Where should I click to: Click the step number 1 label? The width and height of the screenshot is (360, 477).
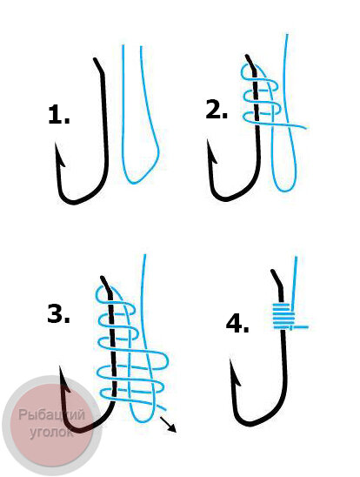(59, 114)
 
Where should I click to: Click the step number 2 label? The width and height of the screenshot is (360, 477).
(217, 110)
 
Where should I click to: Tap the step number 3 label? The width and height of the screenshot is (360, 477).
(58, 313)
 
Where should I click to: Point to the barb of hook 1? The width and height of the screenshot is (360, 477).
(60, 157)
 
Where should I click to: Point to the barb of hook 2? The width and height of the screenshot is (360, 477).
(212, 153)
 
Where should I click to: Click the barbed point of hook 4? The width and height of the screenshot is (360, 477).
(235, 373)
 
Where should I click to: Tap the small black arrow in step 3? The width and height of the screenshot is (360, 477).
(168, 425)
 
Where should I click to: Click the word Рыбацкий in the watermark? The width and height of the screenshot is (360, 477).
(51, 415)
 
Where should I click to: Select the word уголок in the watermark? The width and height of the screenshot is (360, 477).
(51, 432)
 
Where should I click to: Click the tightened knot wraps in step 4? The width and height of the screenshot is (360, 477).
(283, 316)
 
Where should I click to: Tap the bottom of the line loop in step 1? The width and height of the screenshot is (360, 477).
(134, 183)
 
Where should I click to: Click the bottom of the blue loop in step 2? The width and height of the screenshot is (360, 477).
(284, 191)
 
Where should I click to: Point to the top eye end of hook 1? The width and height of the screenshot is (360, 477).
(96, 59)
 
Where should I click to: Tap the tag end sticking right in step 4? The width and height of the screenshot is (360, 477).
(301, 327)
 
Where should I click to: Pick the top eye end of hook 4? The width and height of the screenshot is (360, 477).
(273, 272)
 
